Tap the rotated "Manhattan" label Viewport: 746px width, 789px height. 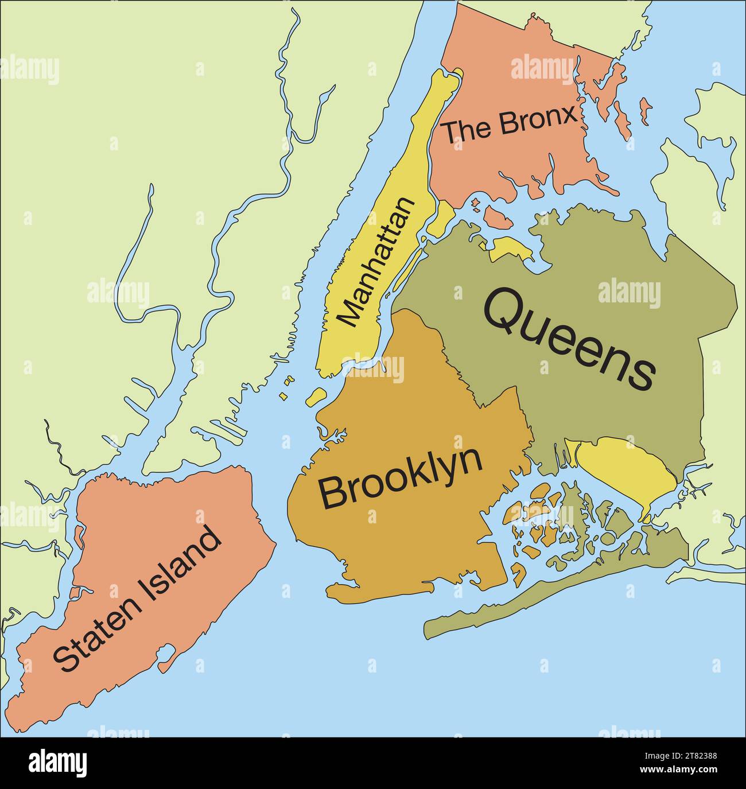(376, 262)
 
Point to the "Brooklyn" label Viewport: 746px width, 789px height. (400, 477)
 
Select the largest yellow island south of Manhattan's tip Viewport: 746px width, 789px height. (316, 395)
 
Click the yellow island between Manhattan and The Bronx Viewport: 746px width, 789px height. (443, 218)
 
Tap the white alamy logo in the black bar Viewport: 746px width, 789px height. (58, 763)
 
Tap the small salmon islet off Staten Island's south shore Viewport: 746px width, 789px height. (166, 657)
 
